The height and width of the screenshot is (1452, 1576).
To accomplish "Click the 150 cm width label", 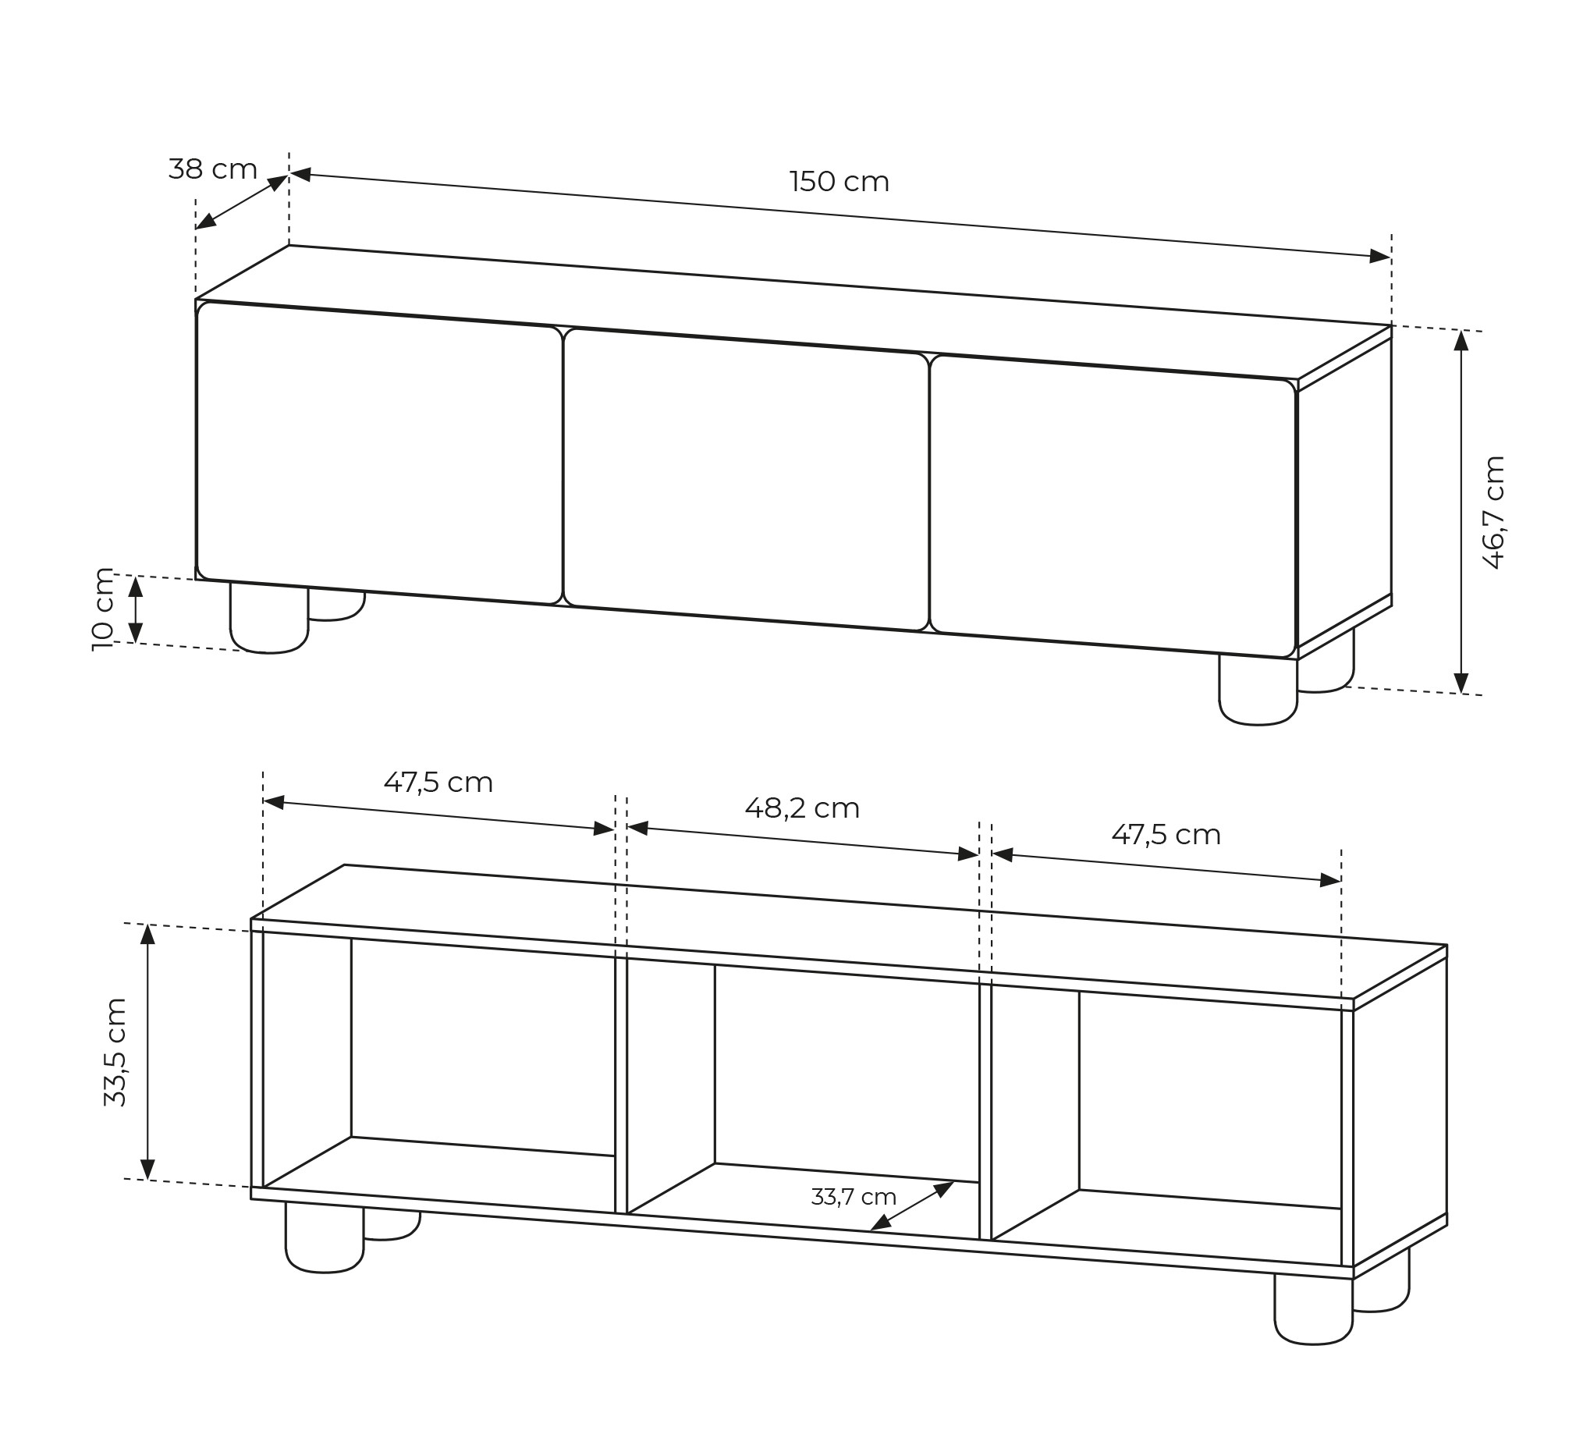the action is point(839,183).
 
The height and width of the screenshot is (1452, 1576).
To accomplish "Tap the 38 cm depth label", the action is point(213,169).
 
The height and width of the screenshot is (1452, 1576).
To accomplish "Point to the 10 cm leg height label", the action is point(103,609).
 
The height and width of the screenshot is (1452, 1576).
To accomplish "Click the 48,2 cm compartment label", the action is point(802,808).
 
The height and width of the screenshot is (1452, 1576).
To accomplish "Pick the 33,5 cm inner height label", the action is point(115,1052).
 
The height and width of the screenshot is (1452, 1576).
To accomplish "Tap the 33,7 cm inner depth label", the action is point(854,1197).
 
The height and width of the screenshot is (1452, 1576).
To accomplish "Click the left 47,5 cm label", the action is point(438,782).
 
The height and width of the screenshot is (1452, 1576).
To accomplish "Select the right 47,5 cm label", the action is point(1166,834).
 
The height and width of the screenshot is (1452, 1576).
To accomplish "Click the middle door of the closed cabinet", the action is point(747,479).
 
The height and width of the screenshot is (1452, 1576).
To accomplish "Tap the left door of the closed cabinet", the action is point(379,453).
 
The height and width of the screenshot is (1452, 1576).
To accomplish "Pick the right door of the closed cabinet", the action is point(1113,506).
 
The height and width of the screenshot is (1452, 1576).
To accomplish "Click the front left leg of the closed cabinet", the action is point(268,618).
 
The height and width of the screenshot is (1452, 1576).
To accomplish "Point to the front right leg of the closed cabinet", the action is point(1258,689).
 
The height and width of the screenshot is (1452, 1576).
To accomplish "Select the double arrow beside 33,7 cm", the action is point(912,1205).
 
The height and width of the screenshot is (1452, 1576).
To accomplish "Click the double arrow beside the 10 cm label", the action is point(135,609).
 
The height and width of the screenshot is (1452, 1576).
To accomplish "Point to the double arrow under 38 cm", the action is point(242,202).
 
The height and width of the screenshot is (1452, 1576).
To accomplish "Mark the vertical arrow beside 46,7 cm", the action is point(1461,512).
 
